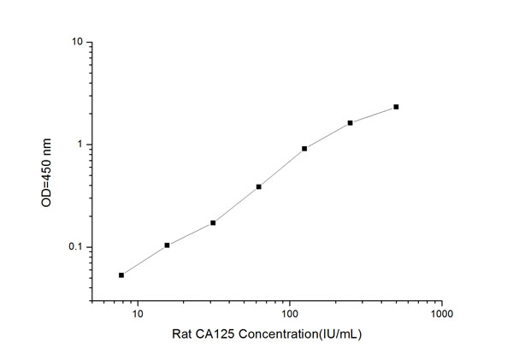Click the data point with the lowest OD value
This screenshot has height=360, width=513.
[121, 274]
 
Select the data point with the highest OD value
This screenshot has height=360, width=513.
[396, 107]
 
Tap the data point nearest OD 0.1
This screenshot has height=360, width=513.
[167, 245]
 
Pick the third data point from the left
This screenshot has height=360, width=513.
[213, 222]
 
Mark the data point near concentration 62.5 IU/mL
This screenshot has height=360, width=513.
[258, 186]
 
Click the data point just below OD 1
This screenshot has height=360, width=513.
[304, 148]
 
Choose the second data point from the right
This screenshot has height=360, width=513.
[351, 123]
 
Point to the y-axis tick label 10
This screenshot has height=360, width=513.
[76, 42]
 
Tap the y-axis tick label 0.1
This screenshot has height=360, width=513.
[74, 248]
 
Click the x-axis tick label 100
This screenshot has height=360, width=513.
[290, 315]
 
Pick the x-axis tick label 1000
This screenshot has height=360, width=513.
[441, 315]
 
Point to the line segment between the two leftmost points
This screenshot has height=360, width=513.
[144, 260]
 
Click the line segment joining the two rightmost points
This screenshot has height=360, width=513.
[374, 115]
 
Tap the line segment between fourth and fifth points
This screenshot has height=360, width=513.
[281, 168]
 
